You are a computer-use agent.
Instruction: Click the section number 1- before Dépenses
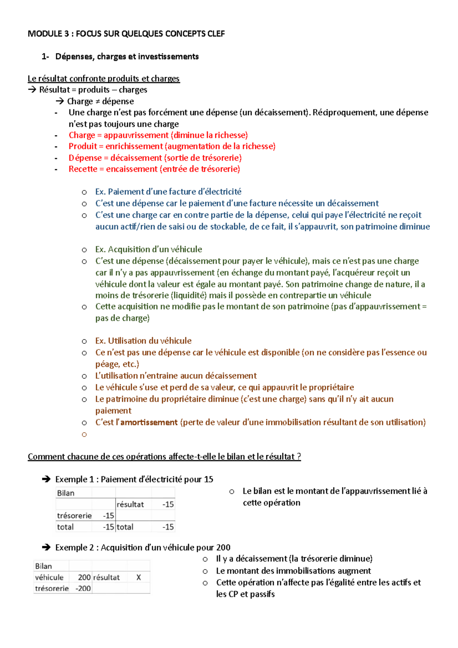click(x=45, y=56)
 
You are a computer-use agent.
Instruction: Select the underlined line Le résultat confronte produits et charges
click(x=103, y=79)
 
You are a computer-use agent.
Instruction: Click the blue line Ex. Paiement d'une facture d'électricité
click(x=168, y=192)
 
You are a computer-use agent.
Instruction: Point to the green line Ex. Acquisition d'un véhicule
click(x=148, y=249)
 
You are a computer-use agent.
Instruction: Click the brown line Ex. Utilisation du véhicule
click(x=143, y=341)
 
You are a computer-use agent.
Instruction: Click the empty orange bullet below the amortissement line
click(x=84, y=434)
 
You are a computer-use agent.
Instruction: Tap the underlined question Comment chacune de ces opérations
click(x=164, y=457)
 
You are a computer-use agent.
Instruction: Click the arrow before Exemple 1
click(x=46, y=479)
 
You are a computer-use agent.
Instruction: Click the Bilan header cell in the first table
click(x=66, y=493)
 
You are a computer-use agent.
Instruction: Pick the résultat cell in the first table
click(x=130, y=505)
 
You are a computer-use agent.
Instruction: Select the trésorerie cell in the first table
click(x=74, y=516)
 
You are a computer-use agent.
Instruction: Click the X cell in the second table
click(x=139, y=577)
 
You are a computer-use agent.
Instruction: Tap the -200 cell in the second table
click(x=83, y=588)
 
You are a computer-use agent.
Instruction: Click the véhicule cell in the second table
click(x=49, y=577)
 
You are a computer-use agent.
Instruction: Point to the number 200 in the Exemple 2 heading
click(x=223, y=547)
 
